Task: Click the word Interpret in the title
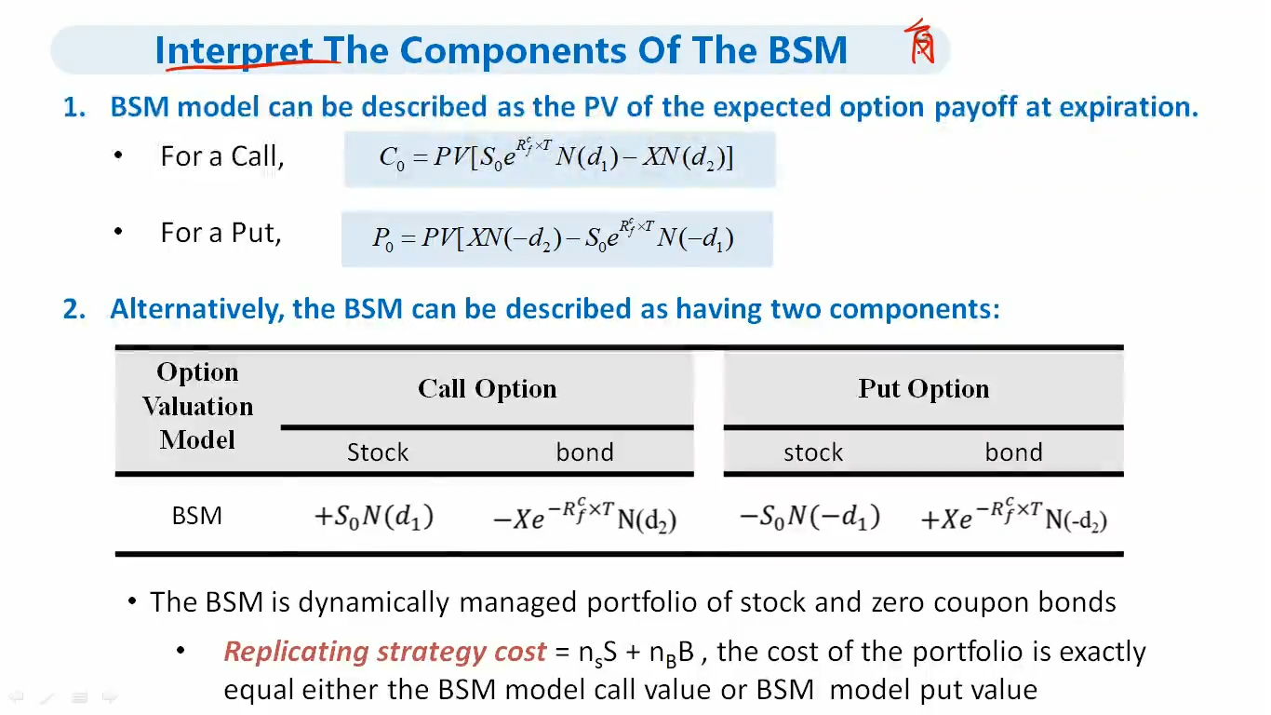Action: pos(234,51)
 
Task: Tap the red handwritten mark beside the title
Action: pos(920,42)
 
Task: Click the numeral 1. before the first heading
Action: pos(74,107)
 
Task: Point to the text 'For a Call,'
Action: pos(221,156)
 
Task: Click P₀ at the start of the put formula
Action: pos(382,238)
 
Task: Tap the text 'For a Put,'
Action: pos(221,233)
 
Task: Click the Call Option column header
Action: pos(488,389)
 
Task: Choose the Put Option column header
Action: pos(923,389)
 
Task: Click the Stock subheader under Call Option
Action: pos(378,452)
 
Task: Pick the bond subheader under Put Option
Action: pos(1013,452)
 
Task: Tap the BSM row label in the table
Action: pos(196,516)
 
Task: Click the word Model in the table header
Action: pos(197,440)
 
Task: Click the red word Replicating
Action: pos(296,652)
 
